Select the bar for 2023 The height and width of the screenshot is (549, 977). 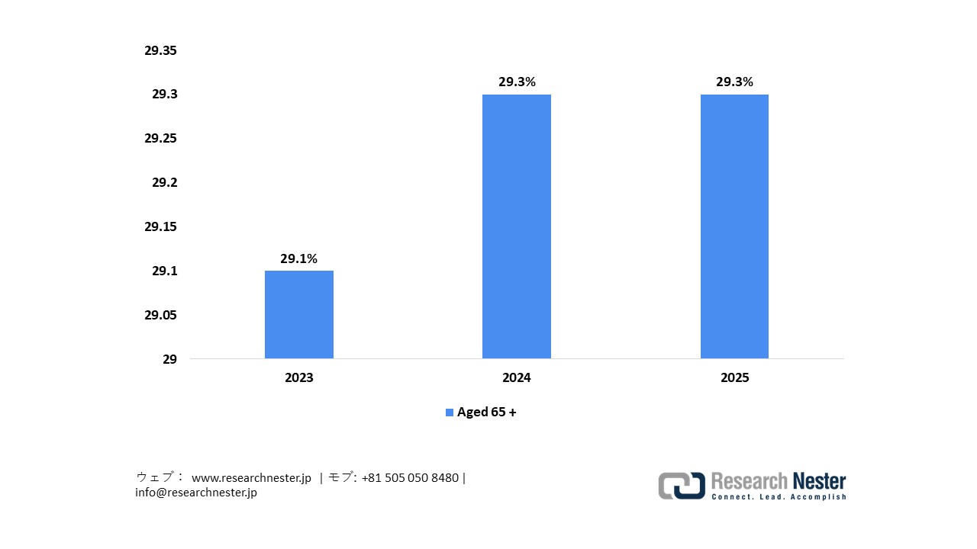[x=299, y=314]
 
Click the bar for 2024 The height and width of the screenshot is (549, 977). [x=517, y=226]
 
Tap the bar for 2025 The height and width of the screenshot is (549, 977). [x=734, y=226]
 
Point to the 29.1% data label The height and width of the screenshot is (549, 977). [x=298, y=258]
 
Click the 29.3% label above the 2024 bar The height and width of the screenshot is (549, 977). [x=517, y=82]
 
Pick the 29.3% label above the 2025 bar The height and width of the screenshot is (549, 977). [x=734, y=82]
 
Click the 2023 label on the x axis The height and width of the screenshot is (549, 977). [x=299, y=377]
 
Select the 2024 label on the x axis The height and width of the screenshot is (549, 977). [x=517, y=377]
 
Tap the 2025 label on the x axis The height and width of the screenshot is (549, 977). [x=734, y=377]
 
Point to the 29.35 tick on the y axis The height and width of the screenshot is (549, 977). [x=160, y=50]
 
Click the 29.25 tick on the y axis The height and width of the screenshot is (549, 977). [x=160, y=139]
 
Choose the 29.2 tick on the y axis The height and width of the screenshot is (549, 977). [x=164, y=182]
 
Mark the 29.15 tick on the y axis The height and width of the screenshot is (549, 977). [x=160, y=226]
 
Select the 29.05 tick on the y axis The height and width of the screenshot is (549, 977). [x=160, y=315]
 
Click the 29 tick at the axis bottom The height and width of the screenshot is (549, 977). [x=169, y=359]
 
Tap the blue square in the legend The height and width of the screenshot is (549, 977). [x=450, y=413]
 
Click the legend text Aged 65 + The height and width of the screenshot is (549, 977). [x=487, y=413]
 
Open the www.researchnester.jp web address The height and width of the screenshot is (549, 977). [x=251, y=478]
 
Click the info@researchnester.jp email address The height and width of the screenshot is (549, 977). [x=196, y=493]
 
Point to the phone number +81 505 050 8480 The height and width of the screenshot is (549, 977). [x=410, y=478]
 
